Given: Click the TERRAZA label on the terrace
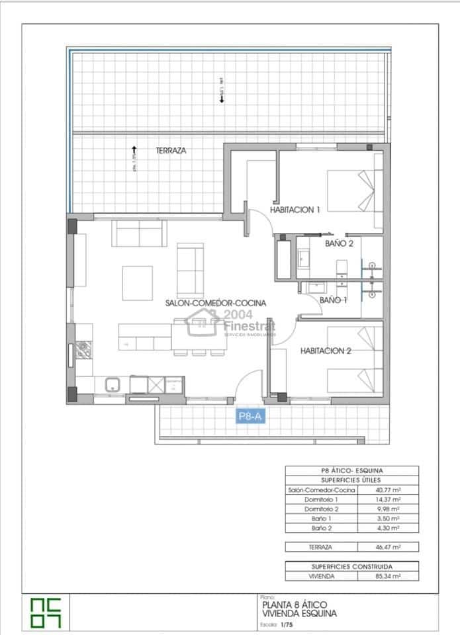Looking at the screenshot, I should click(171, 151).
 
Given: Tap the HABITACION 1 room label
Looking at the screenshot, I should click(295, 210).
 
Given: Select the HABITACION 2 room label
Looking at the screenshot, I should click(326, 351).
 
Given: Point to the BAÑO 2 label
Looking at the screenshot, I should click(340, 243).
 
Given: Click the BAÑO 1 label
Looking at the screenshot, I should click(334, 300).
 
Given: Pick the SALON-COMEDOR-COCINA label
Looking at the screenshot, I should click(216, 303).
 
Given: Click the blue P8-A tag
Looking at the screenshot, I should click(251, 416).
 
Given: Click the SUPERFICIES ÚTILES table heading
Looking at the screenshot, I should click(352, 480).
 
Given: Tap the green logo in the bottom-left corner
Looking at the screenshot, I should click(46, 612).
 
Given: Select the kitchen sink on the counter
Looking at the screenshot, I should click(112, 384).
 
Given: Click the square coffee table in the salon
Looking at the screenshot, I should click(137, 281).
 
